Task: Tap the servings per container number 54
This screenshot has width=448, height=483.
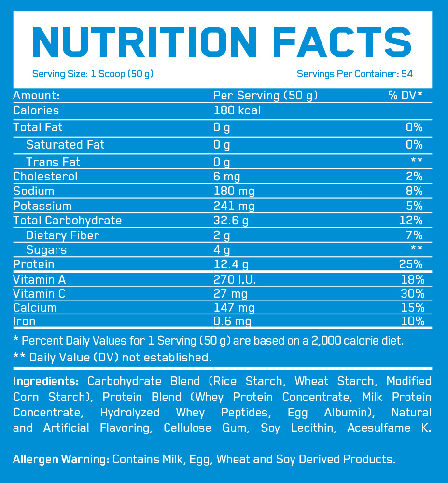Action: [x=407, y=74]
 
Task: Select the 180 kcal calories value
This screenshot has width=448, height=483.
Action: [x=237, y=110]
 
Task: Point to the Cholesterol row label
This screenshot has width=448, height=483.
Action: [x=45, y=176]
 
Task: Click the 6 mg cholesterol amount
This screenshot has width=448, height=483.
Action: [x=226, y=176]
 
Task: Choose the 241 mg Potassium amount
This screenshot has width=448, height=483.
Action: [x=234, y=206]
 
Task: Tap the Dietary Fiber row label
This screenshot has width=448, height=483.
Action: [x=63, y=235]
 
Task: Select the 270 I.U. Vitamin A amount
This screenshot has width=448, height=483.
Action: [x=235, y=279]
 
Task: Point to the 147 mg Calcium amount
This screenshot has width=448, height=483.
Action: [x=234, y=307]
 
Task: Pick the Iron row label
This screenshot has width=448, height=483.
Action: [x=24, y=321]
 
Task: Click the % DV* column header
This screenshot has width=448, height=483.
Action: [x=406, y=95]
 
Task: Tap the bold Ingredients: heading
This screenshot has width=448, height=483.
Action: [x=46, y=381]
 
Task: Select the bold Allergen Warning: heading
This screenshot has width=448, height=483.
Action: [x=61, y=459]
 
